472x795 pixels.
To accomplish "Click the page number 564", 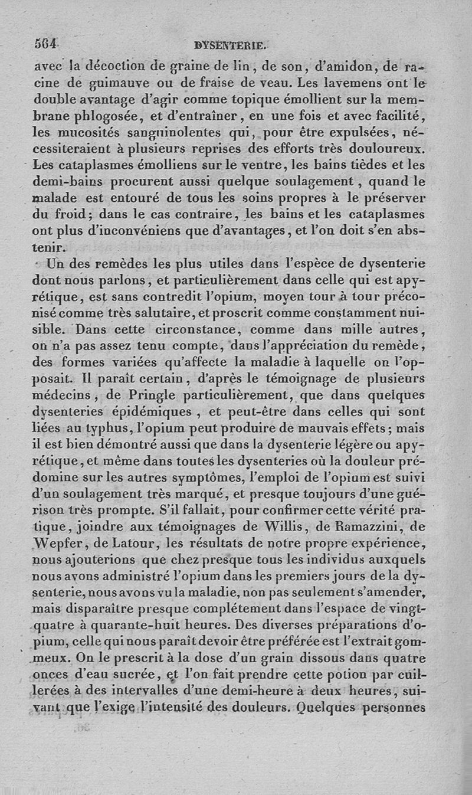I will (45, 44).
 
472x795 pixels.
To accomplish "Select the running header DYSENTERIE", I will (230, 44).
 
